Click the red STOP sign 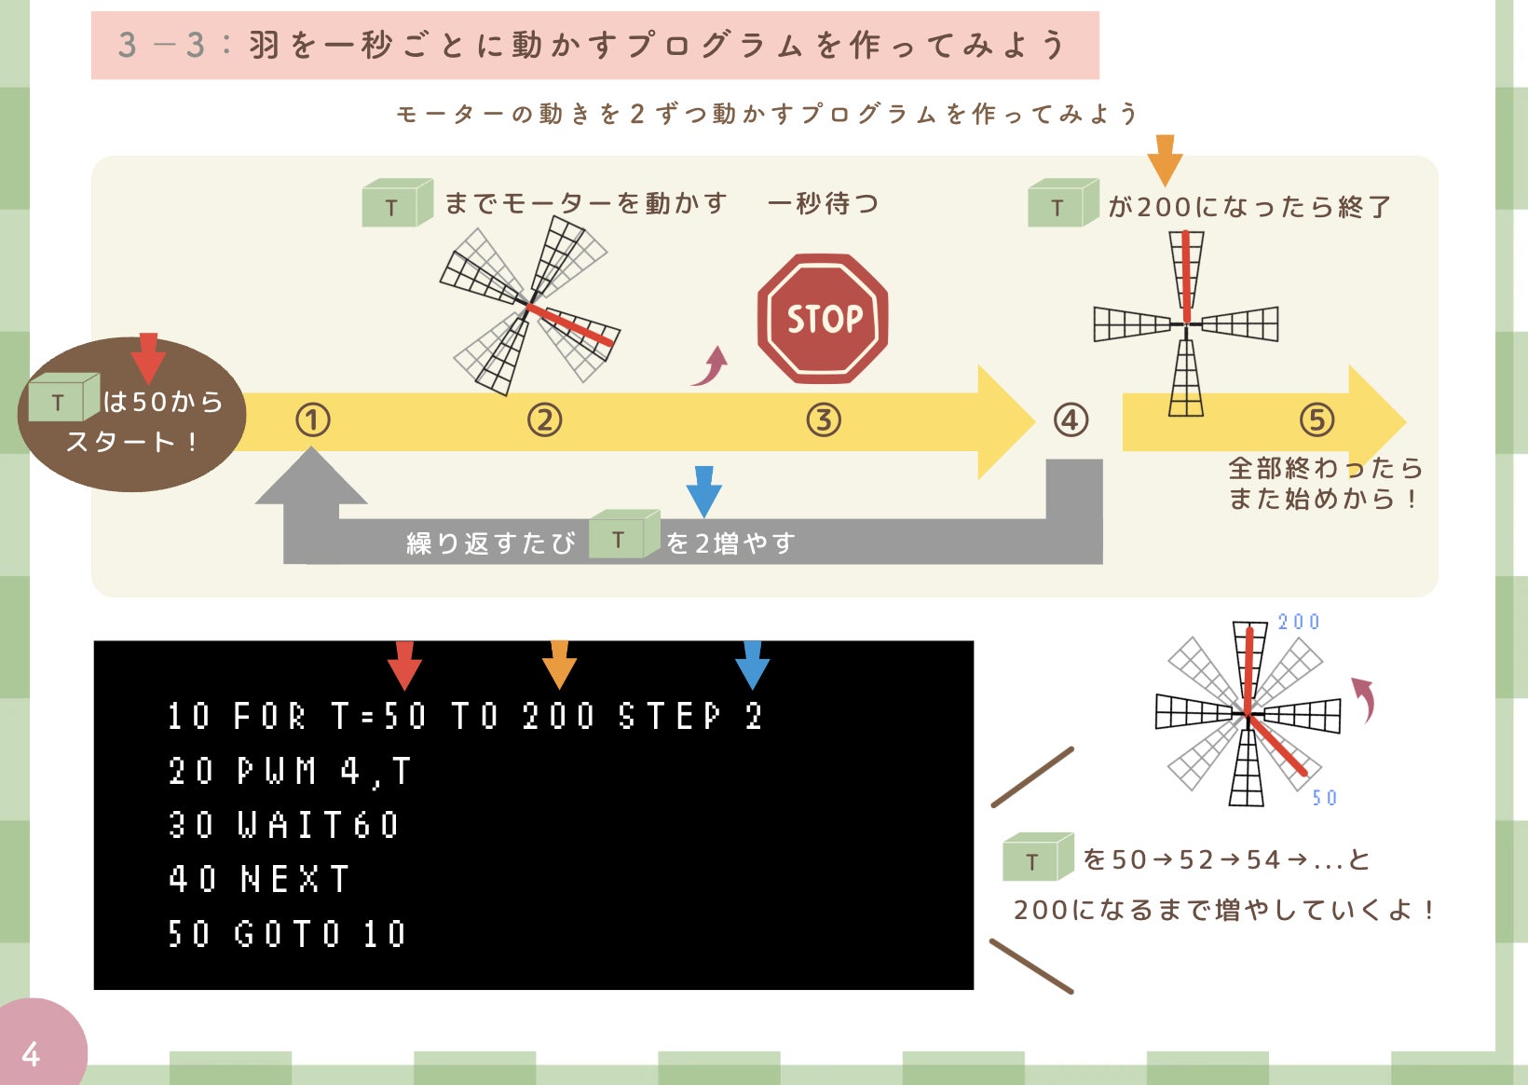coord(823,319)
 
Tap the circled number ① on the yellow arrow coord(313,420)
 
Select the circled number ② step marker coord(545,420)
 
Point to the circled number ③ coord(824,420)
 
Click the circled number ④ coord(1071,420)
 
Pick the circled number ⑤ coord(1317,420)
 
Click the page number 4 coord(31,1054)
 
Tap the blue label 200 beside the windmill coord(1299,622)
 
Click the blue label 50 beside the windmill coord(1324,798)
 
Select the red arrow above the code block coord(404,665)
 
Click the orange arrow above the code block coord(559,665)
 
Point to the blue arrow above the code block coord(752,665)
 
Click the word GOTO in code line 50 coord(288,933)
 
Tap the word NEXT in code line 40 coord(294,879)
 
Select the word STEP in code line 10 coord(670,716)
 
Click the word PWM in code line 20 coord(277,771)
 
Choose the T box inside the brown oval coord(62,400)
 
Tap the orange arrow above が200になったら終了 coord(1165,159)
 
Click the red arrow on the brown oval coord(148,357)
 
